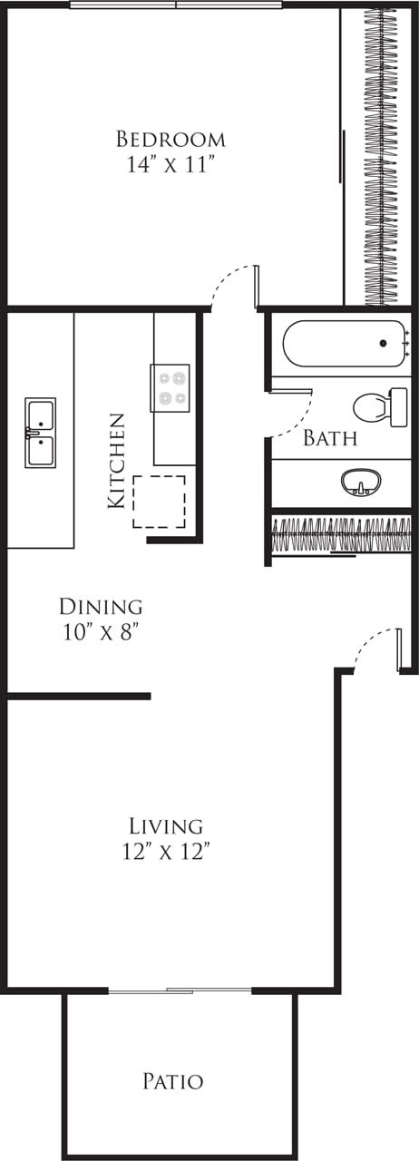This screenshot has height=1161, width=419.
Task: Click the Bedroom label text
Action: [171, 140]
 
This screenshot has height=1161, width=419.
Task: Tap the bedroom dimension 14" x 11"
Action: [171, 165]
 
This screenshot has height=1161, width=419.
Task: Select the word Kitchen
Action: [116, 460]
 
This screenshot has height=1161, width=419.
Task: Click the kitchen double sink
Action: [40, 432]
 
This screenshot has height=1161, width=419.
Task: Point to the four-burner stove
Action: [170, 388]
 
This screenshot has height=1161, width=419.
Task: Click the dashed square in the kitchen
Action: [159, 501]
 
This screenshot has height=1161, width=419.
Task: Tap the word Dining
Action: [101, 606]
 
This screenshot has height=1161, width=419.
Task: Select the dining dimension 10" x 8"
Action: [101, 631]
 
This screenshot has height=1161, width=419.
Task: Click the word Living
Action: [165, 826]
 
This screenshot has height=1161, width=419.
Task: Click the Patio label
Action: [172, 1081]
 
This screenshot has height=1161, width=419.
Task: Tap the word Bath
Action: [329, 439]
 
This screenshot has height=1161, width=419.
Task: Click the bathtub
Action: [344, 344]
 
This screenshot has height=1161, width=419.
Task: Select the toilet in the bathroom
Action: [380, 407]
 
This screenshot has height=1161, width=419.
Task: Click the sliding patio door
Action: [180, 990]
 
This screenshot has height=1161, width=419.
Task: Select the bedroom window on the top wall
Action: [176, 5]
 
